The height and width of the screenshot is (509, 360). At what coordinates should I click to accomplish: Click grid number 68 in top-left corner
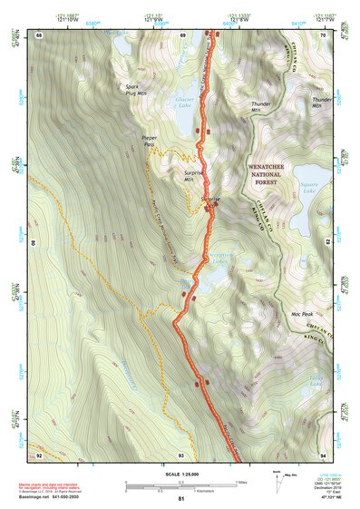39,34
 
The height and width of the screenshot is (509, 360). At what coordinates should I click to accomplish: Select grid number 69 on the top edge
182,34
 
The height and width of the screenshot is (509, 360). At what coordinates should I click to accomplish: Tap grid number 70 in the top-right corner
324,34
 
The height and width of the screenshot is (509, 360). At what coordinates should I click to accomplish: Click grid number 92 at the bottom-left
39,454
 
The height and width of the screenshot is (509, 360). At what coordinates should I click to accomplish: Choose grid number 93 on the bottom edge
181,454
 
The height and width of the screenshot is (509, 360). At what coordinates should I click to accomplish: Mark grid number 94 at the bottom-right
324,454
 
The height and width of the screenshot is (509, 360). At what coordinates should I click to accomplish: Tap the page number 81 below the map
181,499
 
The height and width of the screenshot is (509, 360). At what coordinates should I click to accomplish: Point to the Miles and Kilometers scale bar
180,486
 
